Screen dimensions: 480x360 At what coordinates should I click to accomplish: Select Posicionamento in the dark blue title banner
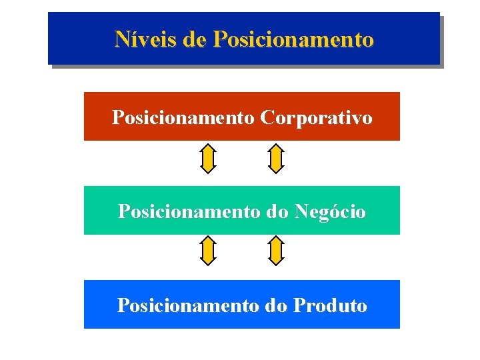click(293, 39)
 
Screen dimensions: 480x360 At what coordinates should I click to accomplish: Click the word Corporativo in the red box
click(317, 118)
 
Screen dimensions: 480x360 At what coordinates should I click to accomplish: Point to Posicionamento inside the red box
click(184, 118)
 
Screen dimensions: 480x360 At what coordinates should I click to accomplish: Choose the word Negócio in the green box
click(329, 212)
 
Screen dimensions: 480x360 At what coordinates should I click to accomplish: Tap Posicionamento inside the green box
click(189, 212)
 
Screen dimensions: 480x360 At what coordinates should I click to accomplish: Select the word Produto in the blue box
click(330, 306)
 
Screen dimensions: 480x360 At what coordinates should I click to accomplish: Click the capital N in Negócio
click(301, 212)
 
